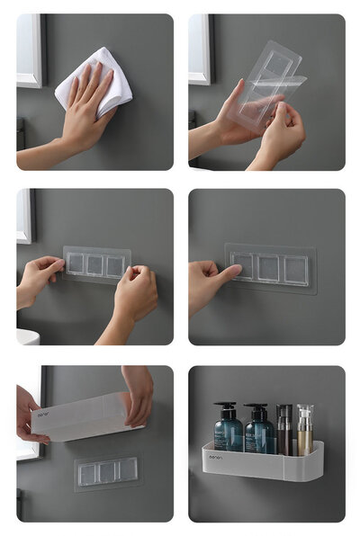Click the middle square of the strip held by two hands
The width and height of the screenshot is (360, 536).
pyautogui.click(x=94, y=264)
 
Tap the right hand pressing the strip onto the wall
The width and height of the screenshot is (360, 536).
pyautogui.click(x=135, y=295)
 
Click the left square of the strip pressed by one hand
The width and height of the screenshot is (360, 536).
pyautogui.click(x=243, y=267)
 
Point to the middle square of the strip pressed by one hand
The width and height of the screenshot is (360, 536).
pyautogui.click(x=269, y=267)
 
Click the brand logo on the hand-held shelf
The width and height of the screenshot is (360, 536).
pyautogui.click(x=43, y=415)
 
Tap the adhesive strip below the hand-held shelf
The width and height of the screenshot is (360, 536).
pyautogui.click(x=107, y=469)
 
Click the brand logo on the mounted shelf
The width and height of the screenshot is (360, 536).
pyautogui.click(x=216, y=457)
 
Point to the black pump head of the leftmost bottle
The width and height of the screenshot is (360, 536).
pyautogui.click(x=225, y=406)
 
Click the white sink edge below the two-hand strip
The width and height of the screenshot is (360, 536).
pyautogui.click(x=26, y=338)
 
